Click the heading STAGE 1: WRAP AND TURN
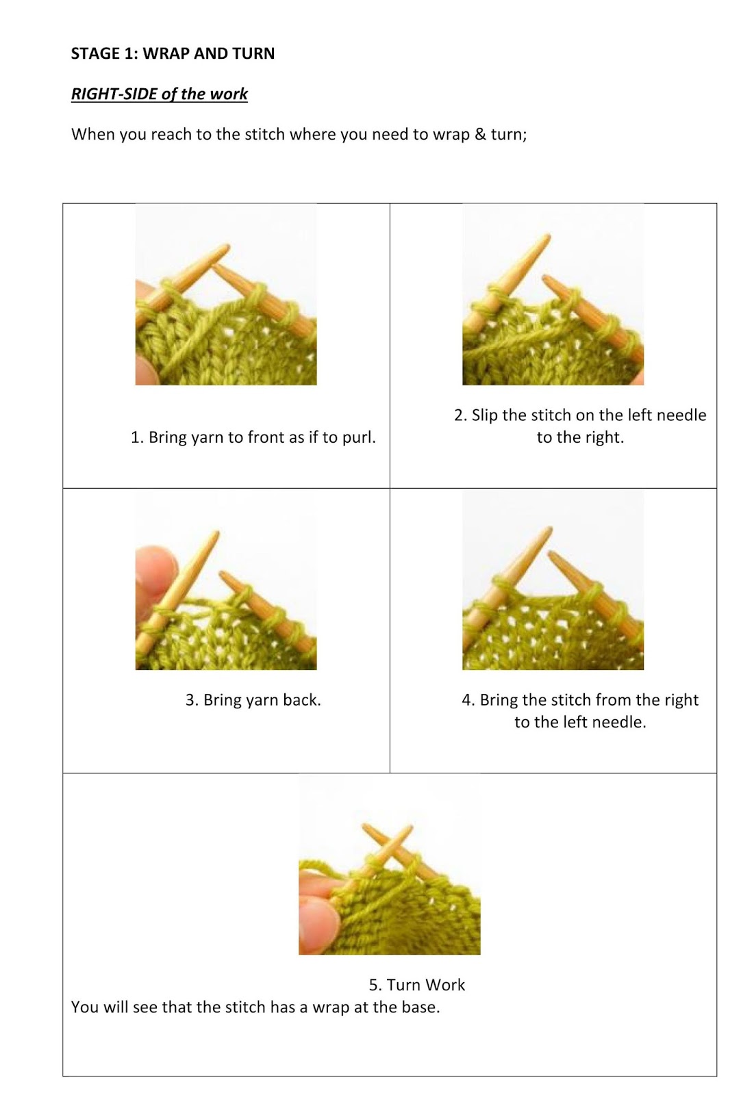click(x=173, y=53)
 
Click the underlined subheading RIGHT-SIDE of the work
click(x=159, y=94)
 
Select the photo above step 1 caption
click(x=226, y=294)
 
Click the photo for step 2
click(x=553, y=294)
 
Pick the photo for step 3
click(x=226, y=579)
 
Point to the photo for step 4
click(x=553, y=579)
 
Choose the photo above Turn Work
click(x=389, y=864)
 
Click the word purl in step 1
click(x=357, y=437)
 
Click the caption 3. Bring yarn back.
click(x=253, y=700)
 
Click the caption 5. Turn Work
click(x=416, y=985)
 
